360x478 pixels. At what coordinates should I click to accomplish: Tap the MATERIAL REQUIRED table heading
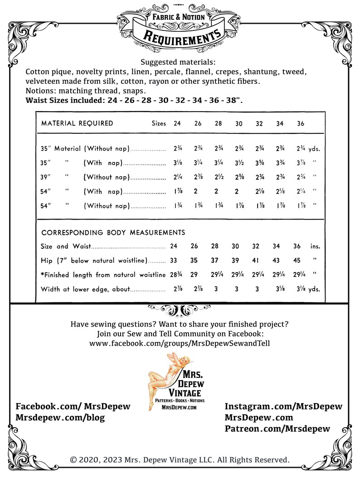[x=77, y=123]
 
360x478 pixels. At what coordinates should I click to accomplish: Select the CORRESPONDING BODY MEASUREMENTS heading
[x=113, y=233]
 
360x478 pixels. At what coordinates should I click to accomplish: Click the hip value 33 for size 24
[x=174, y=261]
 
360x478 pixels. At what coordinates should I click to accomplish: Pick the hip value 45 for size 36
[x=297, y=261]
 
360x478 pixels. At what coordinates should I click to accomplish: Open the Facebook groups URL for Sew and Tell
[x=180, y=343]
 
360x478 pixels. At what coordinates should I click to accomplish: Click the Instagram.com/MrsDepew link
[x=283, y=406]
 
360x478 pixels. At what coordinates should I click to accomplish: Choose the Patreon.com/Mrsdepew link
[x=277, y=429]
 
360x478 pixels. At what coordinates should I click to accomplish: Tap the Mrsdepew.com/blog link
[x=60, y=418]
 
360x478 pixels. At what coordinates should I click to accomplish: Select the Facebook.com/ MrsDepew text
[x=73, y=406]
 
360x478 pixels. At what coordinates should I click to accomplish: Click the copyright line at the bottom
[x=180, y=459]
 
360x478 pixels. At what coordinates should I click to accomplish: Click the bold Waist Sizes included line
[x=134, y=100]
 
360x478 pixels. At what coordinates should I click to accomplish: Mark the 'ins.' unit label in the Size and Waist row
[x=315, y=247]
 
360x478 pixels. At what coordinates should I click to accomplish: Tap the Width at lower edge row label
[x=86, y=289]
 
